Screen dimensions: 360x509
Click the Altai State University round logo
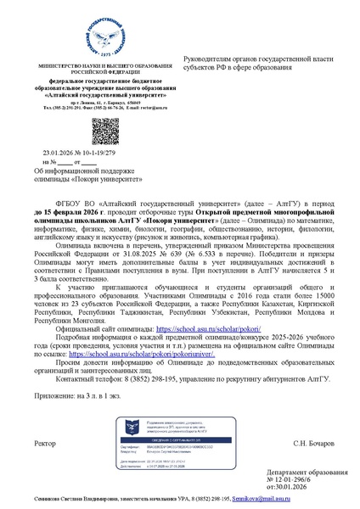click(89, 31)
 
